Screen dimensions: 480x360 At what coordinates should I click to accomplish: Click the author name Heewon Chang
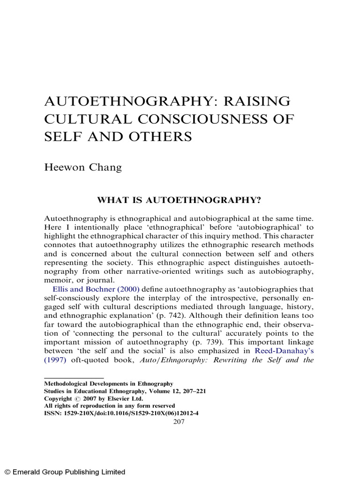pyautogui.click(x=82, y=167)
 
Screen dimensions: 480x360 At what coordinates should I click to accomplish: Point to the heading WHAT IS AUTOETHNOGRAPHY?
pyautogui.click(x=178, y=200)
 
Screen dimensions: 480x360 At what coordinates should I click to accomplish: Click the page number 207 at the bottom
pyautogui.click(x=180, y=421)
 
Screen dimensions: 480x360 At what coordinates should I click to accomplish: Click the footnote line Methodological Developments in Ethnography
pyautogui.click(x=108, y=383)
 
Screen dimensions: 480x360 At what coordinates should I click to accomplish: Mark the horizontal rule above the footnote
pyautogui.click(x=74, y=377)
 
